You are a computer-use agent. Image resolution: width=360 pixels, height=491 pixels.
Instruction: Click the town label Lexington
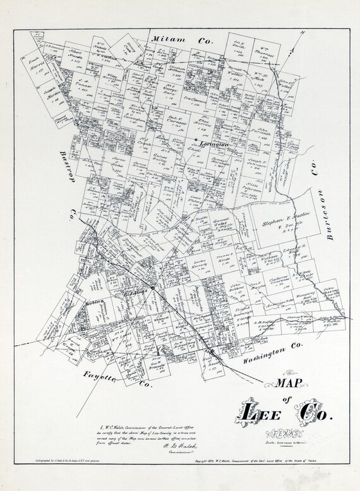coord(213,145)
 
